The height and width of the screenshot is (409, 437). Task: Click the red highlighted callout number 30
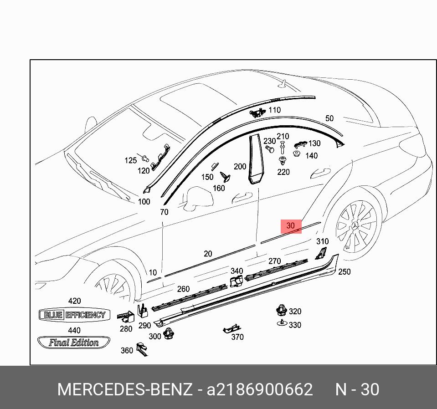point(291,225)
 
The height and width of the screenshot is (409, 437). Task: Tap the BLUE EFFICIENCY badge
point(74,315)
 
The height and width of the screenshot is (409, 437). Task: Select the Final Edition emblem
point(74,343)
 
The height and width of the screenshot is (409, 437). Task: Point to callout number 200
point(240,167)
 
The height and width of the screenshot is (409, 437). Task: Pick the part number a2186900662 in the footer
point(260,389)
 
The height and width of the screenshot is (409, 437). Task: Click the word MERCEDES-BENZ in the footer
point(124,389)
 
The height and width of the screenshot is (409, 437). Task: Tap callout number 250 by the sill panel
point(344,271)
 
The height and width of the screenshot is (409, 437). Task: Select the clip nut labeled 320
point(281,311)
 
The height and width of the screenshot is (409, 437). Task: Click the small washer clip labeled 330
point(282,323)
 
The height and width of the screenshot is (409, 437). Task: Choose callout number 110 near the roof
point(274,110)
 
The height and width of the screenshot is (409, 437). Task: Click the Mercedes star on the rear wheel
point(355,226)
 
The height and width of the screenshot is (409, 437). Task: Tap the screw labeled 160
point(224,176)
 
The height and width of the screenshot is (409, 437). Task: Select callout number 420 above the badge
point(74,301)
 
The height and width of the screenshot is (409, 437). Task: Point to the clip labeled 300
point(170,333)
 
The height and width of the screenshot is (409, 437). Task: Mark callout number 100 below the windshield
point(144,202)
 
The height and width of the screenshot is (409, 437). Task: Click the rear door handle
point(320,173)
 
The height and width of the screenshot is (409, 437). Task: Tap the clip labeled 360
point(141,349)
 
